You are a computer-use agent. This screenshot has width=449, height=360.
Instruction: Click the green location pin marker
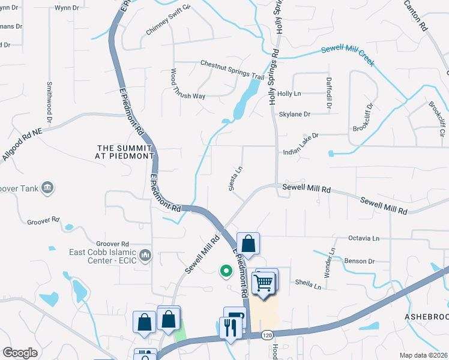[x=226, y=271]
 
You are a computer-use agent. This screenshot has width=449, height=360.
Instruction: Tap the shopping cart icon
[x=265, y=281]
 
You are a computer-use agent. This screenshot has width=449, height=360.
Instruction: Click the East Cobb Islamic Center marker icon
[x=145, y=256]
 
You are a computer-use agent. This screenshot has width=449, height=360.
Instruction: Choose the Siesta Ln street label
[x=236, y=179]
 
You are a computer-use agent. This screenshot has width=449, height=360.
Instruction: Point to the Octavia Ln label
[x=364, y=238]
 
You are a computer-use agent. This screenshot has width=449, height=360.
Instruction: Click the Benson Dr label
[x=359, y=261]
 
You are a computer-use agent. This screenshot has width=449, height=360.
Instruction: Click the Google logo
[x=20, y=353]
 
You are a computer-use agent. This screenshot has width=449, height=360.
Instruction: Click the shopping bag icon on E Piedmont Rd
[x=247, y=244]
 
